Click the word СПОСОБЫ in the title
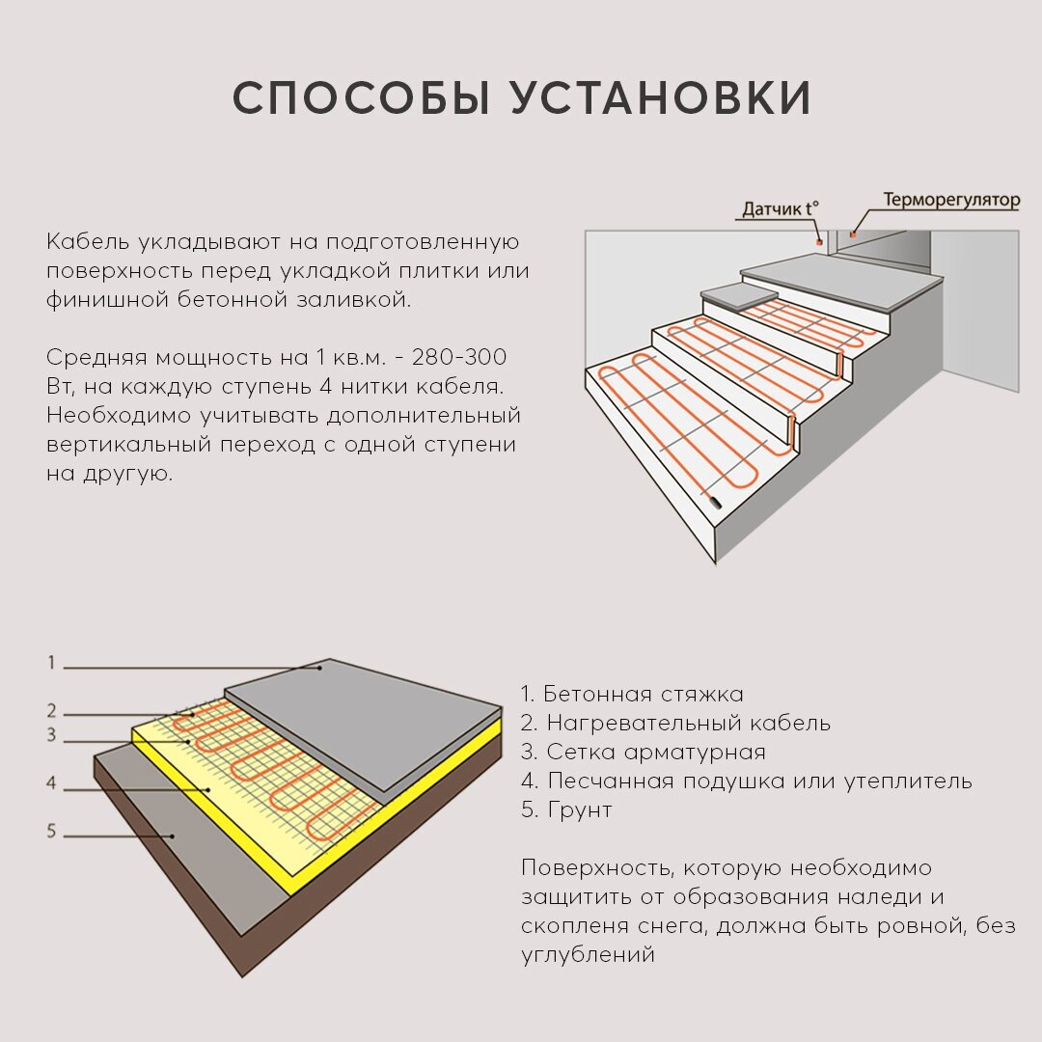pyautogui.click(x=361, y=98)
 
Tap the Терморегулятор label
pyautogui.click(x=951, y=201)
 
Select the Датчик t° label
pyautogui.click(x=780, y=208)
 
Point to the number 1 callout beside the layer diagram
pyautogui.click(x=52, y=663)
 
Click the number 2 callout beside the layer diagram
pyautogui.click(x=52, y=712)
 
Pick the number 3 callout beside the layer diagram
pyautogui.click(x=52, y=736)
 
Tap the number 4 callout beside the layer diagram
pyautogui.click(x=52, y=783)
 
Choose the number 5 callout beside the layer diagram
pyautogui.click(x=52, y=831)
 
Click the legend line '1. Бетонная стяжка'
pyautogui.click(x=632, y=694)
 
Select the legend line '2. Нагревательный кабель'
pyautogui.click(x=675, y=723)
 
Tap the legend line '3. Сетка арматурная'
pyautogui.click(x=643, y=752)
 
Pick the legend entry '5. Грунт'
pyautogui.click(x=566, y=809)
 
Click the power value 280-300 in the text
pyautogui.click(x=458, y=357)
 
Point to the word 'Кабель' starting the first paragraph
pyautogui.click(x=88, y=241)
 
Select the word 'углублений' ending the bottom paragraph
pyautogui.click(x=589, y=954)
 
